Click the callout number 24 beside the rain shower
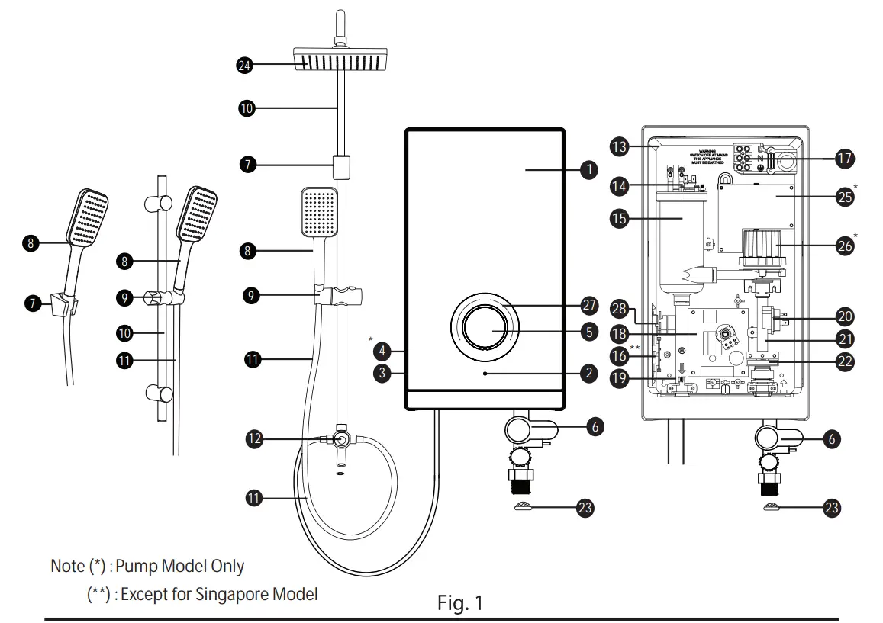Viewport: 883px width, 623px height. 245,66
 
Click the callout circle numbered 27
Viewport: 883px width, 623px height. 588,305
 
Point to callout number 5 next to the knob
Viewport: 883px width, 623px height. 588,332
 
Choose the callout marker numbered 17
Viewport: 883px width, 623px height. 845,159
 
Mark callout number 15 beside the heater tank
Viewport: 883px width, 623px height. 619,218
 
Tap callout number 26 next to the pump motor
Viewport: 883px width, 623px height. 845,246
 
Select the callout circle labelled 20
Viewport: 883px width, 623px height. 845,316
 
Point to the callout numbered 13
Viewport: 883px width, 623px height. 619,146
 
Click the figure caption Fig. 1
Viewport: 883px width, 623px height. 459,604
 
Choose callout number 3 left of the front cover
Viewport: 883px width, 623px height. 383,374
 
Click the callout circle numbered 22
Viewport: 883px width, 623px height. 845,361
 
